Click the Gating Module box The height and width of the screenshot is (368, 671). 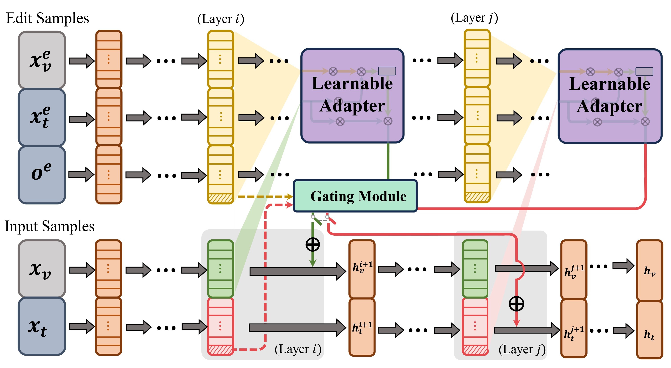click(x=355, y=196)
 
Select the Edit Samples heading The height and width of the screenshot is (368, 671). click(x=47, y=18)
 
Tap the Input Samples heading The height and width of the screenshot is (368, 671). click(x=49, y=226)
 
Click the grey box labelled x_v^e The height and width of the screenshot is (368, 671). click(x=42, y=60)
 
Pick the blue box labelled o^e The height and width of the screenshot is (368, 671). click(x=42, y=174)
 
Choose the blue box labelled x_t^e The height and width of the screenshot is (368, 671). click(x=42, y=117)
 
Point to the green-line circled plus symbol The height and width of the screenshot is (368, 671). click(x=313, y=245)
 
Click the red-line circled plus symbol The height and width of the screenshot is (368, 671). click(x=516, y=304)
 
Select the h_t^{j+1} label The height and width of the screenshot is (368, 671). click(x=574, y=333)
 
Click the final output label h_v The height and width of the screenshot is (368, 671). click(x=650, y=271)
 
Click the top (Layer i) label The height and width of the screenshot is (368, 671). click(x=221, y=19)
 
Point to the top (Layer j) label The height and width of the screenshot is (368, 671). click(x=474, y=18)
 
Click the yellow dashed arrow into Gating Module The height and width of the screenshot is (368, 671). click(x=264, y=197)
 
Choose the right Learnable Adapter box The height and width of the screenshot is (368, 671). click(x=610, y=96)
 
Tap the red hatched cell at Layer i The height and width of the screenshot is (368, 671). click(x=221, y=350)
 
